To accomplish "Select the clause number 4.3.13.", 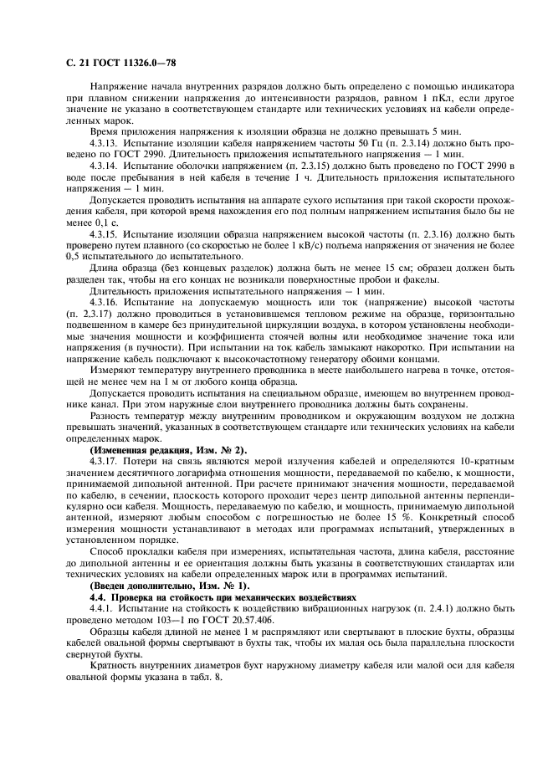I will [x=110, y=143].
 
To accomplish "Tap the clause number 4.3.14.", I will [x=110, y=166].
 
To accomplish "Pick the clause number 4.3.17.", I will [x=110, y=461].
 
